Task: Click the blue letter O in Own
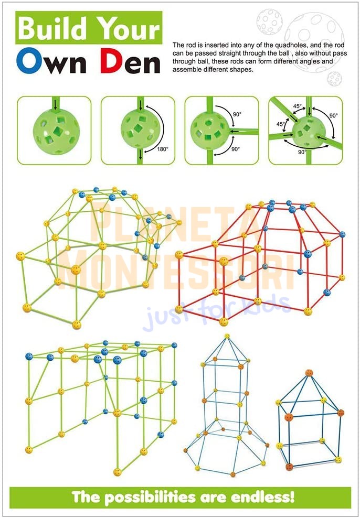point(29,60)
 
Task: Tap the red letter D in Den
point(112,61)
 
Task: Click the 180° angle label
point(163,149)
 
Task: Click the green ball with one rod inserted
point(56,131)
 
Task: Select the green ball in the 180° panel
point(141,129)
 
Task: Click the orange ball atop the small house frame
point(309,373)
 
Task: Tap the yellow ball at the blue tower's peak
point(227,336)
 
